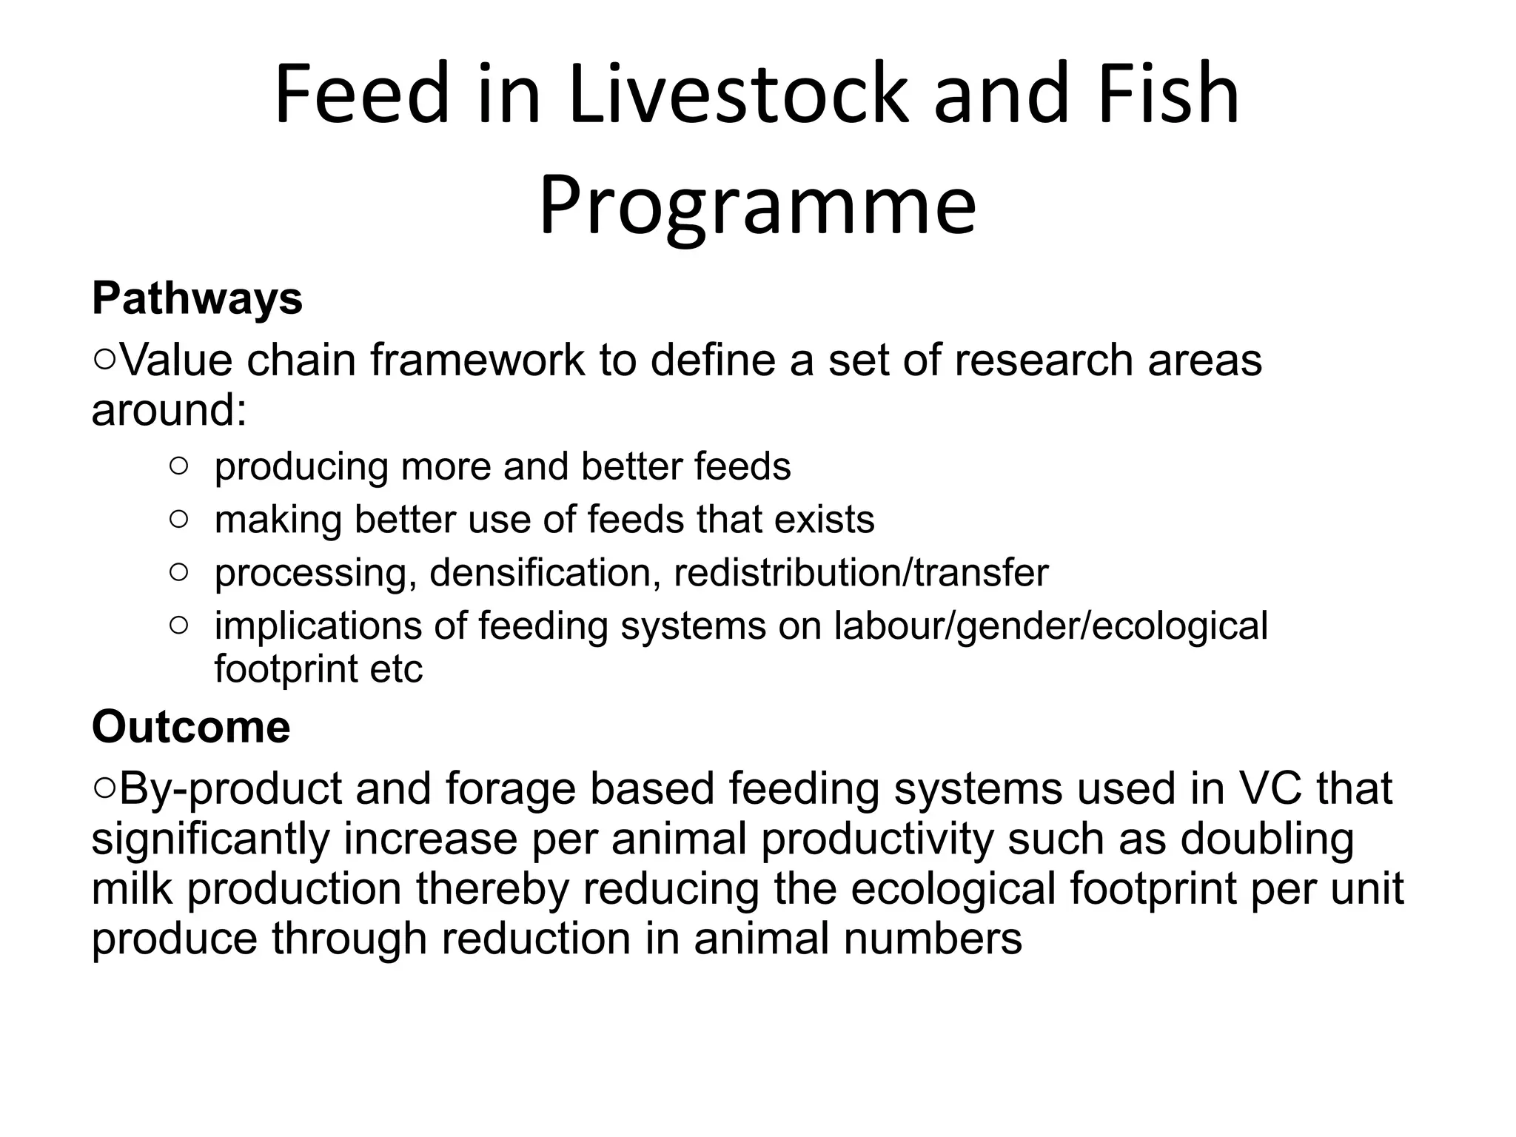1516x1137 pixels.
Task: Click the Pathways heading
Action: (x=197, y=298)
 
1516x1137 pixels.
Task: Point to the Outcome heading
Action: (x=191, y=727)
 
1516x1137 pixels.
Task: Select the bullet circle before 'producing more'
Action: (x=178, y=466)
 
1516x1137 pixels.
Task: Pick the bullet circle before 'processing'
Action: (x=178, y=572)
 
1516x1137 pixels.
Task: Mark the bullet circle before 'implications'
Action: (x=178, y=625)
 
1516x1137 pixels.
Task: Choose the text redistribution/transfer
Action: (x=861, y=572)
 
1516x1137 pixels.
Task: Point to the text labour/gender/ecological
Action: (x=1051, y=626)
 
